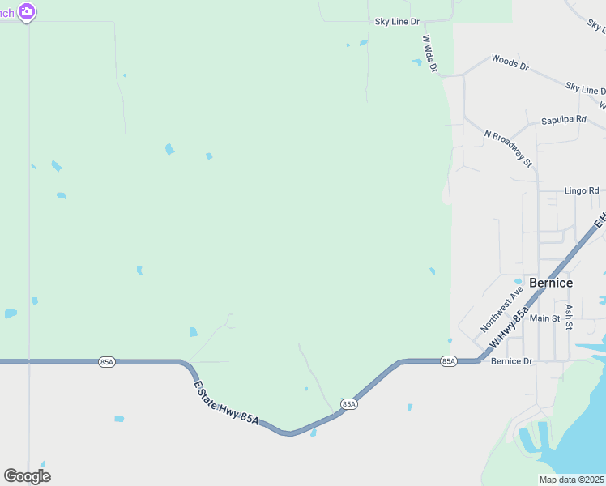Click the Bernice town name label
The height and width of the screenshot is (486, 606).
pos(550,283)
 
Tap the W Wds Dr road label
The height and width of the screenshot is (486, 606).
pos(429,53)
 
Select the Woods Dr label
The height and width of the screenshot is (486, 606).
pos(510,62)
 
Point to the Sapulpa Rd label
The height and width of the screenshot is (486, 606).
pos(563,119)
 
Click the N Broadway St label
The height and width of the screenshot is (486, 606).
pos(508,148)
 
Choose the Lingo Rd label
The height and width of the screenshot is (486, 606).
pos(582,190)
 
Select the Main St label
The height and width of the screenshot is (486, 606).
pos(544,318)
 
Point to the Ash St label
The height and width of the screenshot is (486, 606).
pos(570,317)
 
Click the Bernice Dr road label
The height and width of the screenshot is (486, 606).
pos(511,361)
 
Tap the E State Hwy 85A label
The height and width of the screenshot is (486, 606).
pos(226,402)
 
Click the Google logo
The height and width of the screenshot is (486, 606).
pos(27,476)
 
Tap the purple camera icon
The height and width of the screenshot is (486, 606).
pos(27,11)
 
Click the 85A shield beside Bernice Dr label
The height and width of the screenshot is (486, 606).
pos(449,361)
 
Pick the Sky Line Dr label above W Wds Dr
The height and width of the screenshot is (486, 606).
pos(397,22)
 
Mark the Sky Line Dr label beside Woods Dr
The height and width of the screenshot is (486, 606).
pos(585,87)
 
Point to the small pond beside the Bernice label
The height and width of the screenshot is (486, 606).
pos(519,282)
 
